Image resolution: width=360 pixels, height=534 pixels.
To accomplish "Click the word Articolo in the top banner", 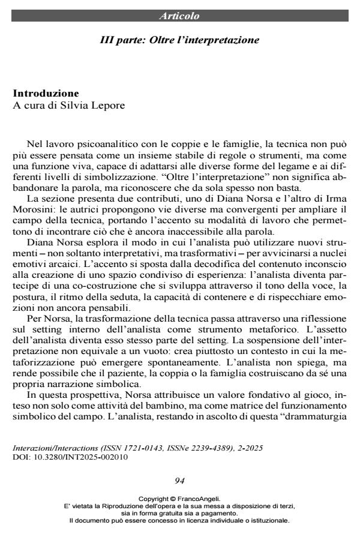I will [x=179, y=16].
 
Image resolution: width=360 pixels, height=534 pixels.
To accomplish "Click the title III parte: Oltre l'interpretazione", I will [x=179, y=41].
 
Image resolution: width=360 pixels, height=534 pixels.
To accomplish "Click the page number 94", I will [x=179, y=480].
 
